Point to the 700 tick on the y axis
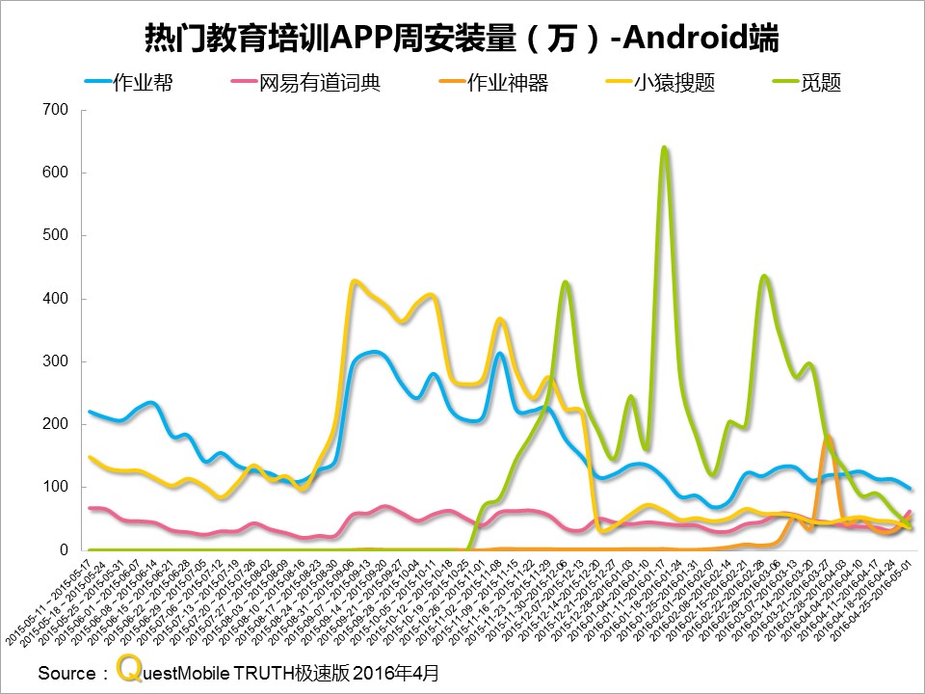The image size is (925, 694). click(x=56, y=110)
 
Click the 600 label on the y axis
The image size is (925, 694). click(x=56, y=173)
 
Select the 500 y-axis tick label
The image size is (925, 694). click(x=56, y=235)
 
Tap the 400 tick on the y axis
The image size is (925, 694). click(x=56, y=299)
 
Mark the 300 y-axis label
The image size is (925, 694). click(x=56, y=361)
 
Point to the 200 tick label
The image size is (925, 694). click(x=56, y=424)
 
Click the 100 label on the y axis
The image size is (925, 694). click(x=56, y=487)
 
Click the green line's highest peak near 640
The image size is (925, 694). click(x=664, y=148)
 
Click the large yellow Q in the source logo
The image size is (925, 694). click(x=126, y=667)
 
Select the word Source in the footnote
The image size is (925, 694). click(x=66, y=672)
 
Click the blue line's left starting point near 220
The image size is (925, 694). click(x=90, y=412)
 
